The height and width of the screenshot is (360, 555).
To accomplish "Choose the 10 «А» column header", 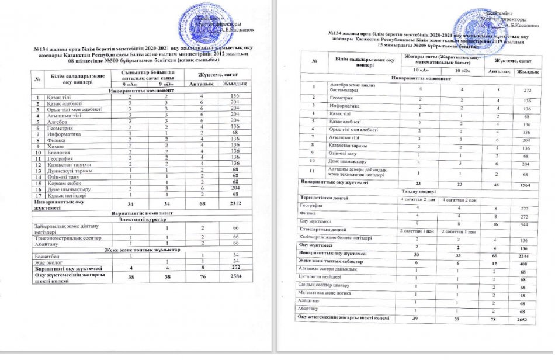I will pos(421,71).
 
